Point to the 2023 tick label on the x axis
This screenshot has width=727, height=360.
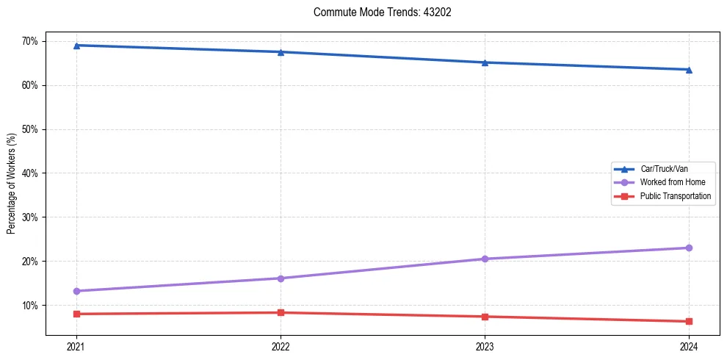pyautogui.click(x=485, y=346)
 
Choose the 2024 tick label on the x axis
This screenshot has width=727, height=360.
pyautogui.click(x=689, y=346)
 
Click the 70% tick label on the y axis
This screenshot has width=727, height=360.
pyautogui.click(x=29, y=41)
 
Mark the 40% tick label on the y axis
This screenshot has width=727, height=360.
pyautogui.click(x=29, y=173)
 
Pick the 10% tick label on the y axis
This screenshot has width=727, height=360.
pyautogui.click(x=29, y=306)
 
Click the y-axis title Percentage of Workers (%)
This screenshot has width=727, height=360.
pyautogui.click(x=12, y=184)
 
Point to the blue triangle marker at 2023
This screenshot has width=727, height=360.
pyautogui.click(x=485, y=62)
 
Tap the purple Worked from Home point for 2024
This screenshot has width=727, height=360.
pyautogui.click(x=689, y=248)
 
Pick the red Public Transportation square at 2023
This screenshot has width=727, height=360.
pyautogui.click(x=485, y=317)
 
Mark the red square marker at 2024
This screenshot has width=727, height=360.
pyautogui.click(x=689, y=321)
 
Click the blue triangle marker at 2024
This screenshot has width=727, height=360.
pyautogui.click(x=689, y=70)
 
